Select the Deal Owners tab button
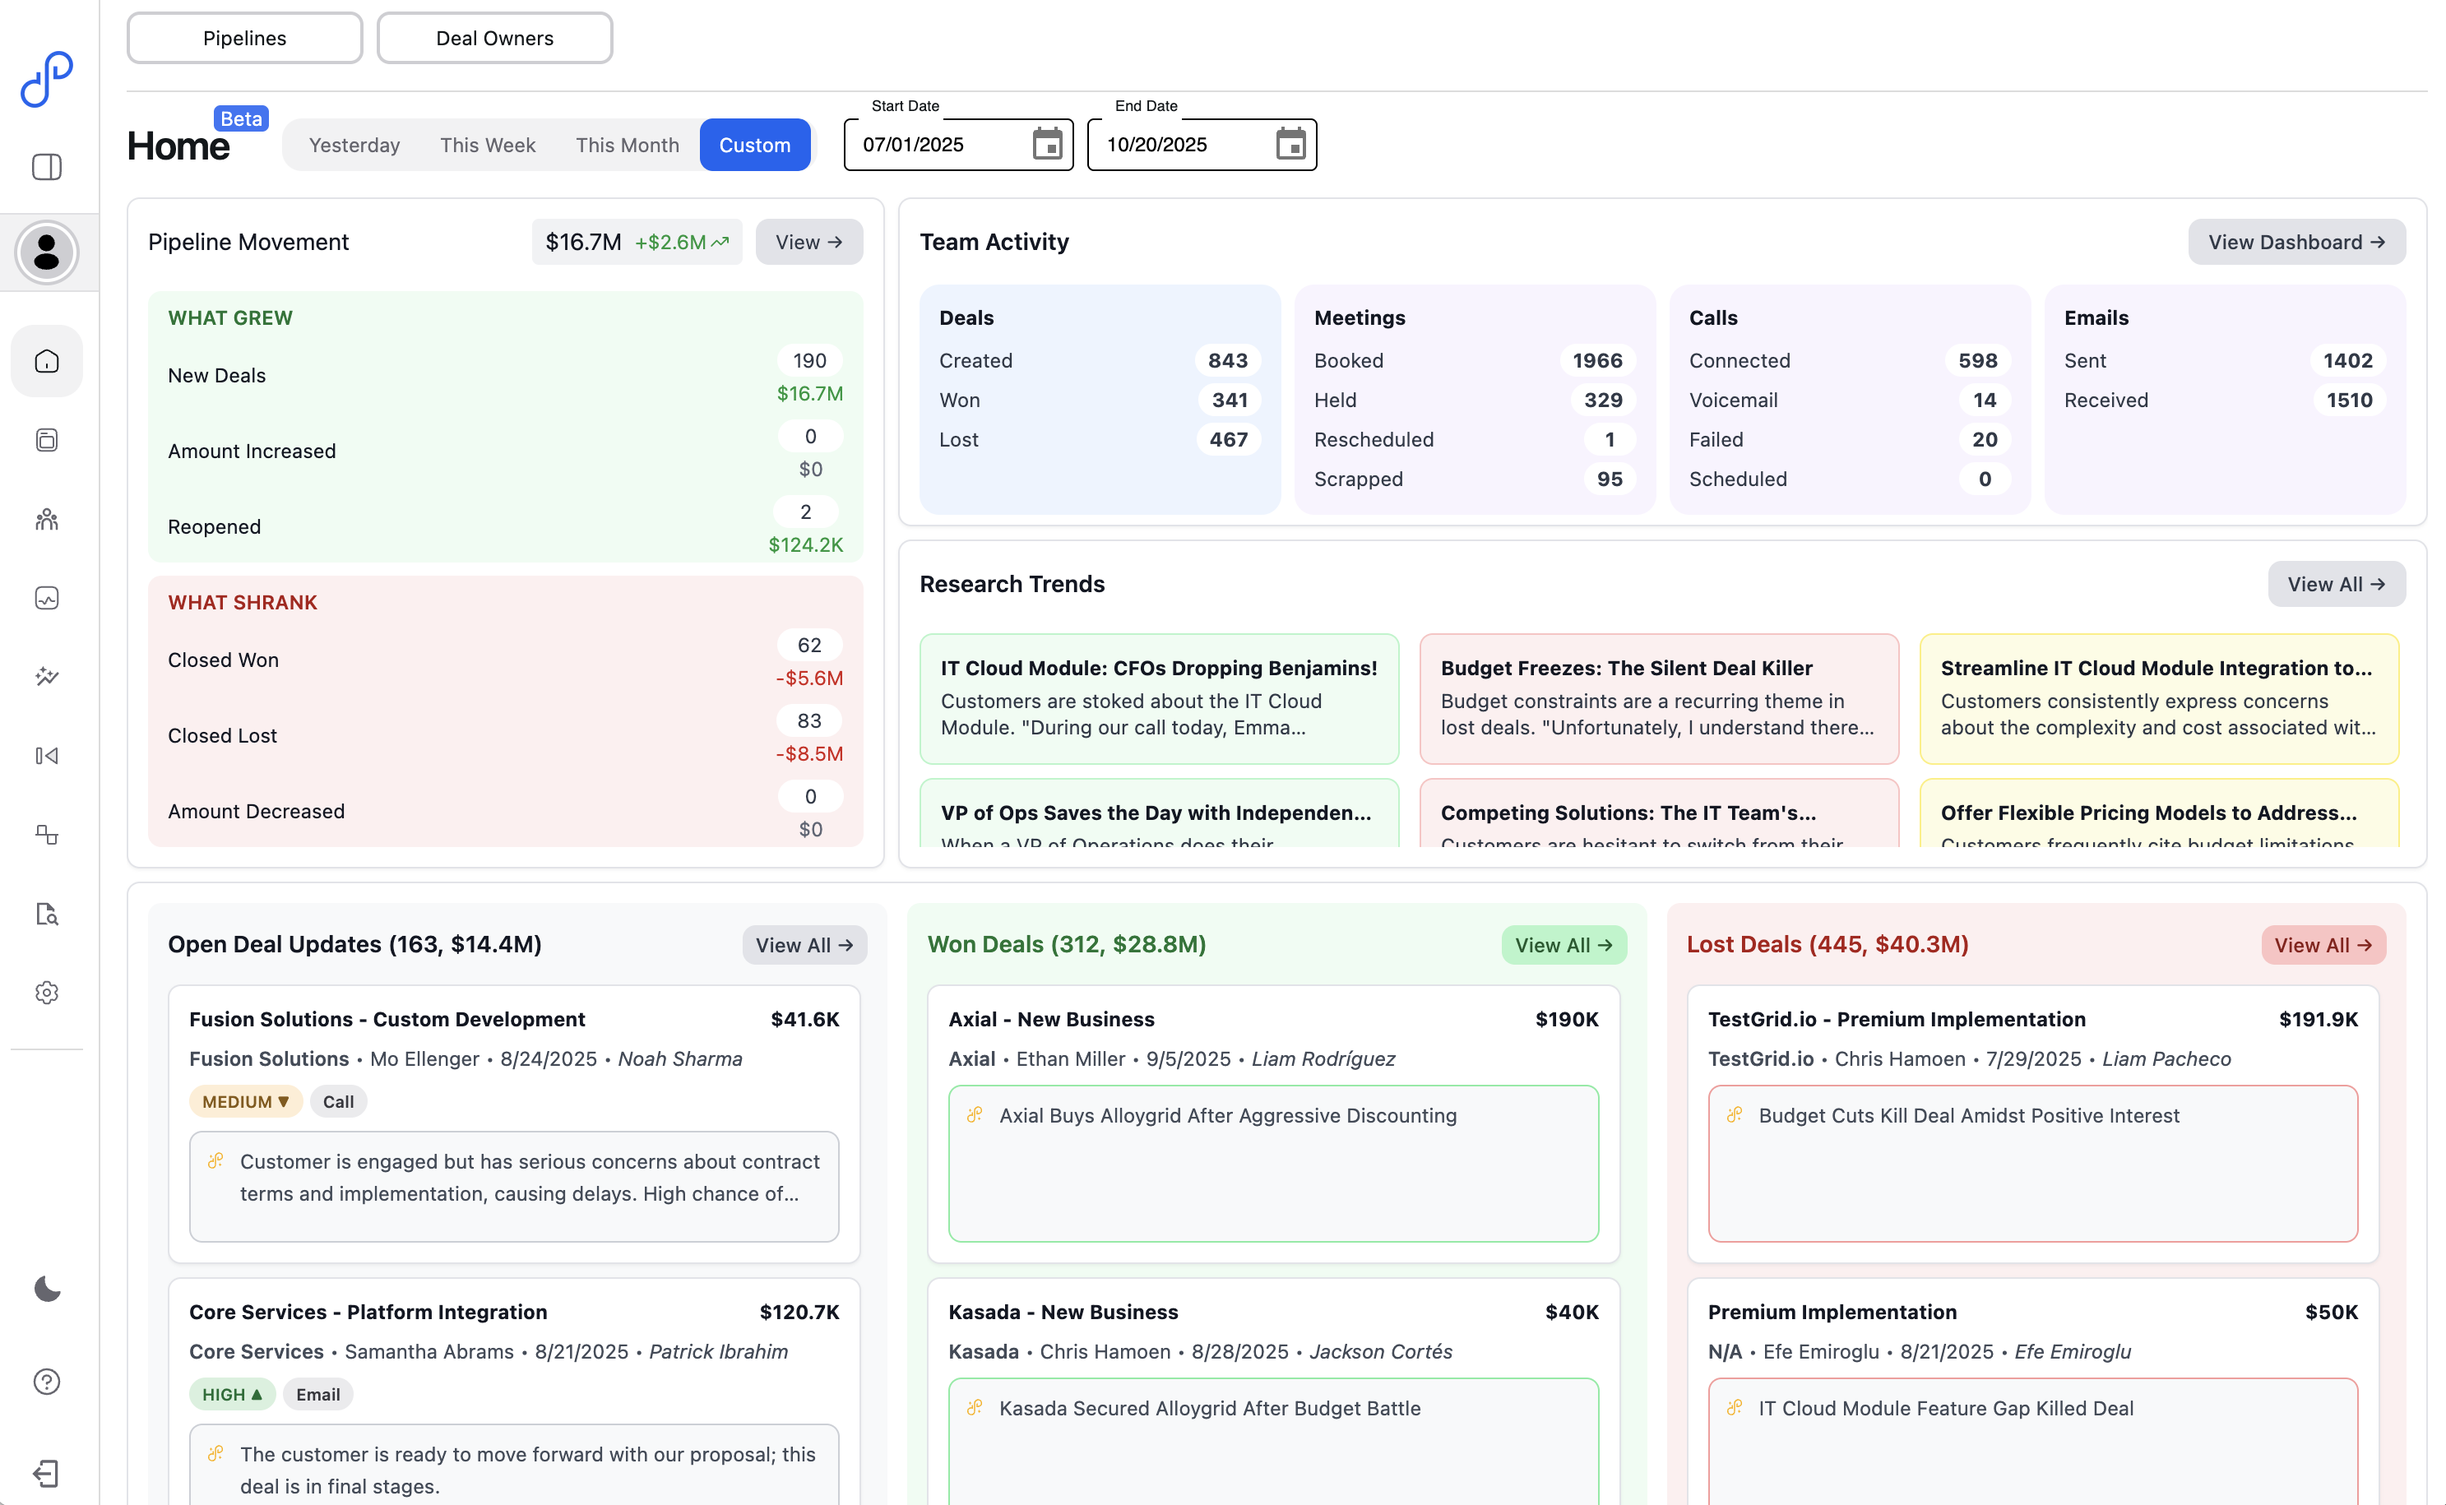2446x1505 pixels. [494, 38]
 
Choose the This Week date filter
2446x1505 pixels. [488, 146]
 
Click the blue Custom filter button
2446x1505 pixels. [754, 146]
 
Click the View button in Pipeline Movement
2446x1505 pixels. [808, 242]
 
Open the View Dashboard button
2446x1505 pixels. [2295, 242]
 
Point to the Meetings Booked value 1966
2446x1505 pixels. [1596, 360]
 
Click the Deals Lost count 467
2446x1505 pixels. [1228, 439]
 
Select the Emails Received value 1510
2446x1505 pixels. [2348, 401]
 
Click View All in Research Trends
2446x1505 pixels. [2336, 584]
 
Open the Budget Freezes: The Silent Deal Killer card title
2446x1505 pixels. [1626, 668]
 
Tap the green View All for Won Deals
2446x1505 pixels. [1563, 945]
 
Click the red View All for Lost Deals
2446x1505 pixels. [2323, 945]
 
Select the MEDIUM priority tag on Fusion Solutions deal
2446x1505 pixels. [245, 1101]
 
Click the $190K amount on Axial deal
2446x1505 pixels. [1566, 1019]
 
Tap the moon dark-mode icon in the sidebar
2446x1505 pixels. [47, 1289]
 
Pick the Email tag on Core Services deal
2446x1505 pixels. [317, 1393]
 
